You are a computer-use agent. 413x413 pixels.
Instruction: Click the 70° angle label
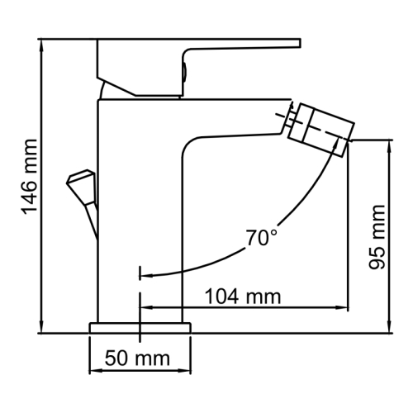pyautogui.click(x=261, y=239)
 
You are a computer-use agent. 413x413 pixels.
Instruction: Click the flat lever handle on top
pyautogui.click(x=198, y=49)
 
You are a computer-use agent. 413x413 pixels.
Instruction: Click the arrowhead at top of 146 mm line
pyautogui.click(x=41, y=43)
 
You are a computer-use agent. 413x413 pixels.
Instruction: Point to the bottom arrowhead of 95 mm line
pyautogui.click(x=387, y=329)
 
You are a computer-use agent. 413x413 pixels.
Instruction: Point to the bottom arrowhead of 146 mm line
pyautogui.click(x=41, y=329)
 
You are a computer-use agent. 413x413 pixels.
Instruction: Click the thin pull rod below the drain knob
pyautogui.click(x=92, y=219)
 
